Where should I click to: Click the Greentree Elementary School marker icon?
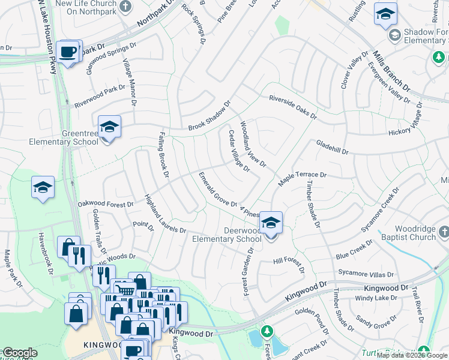pos(109,127)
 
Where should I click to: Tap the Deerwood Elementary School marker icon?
pos(271,223)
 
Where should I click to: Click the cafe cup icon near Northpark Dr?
pos(68,52)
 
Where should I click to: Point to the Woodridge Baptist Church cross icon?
pos(444,231)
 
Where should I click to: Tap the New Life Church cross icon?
pos(125,7)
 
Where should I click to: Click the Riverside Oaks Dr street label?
pos(292,107)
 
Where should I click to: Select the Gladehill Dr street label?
pos(332,148)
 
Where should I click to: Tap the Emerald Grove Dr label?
pos(218,190)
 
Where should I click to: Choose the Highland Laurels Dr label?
pos(165,214)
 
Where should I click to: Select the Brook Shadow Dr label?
pos(209,116)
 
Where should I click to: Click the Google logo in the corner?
pos(19,353)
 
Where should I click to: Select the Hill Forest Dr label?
pos(290,261)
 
